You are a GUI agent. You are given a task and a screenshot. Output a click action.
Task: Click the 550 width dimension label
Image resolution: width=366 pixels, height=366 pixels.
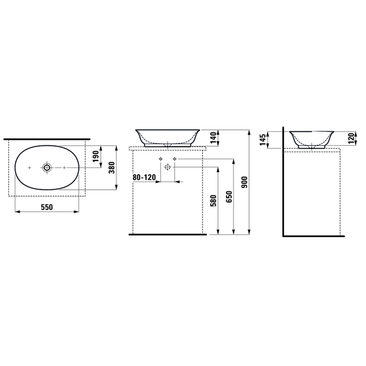coord(47,207)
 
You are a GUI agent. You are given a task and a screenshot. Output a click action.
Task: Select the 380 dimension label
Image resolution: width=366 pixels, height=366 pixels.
coord(112,167)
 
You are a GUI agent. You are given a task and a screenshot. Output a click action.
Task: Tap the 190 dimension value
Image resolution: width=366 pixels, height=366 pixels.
coord(96,156)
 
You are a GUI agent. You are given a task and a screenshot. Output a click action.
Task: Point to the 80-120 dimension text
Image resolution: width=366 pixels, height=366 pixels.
coord(144,177)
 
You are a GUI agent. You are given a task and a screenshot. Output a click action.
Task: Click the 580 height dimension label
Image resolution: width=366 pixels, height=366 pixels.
coord(213,201)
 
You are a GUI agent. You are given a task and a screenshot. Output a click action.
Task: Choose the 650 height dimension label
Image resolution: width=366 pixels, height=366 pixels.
coord(229,197)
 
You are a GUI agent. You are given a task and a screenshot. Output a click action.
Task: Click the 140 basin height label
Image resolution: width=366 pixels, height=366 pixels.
coord(213,138)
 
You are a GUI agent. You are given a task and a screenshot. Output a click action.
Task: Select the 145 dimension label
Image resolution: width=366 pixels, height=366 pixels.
coord(263,139)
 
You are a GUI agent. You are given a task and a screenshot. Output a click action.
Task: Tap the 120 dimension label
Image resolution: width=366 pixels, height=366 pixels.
coord(351,138)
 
